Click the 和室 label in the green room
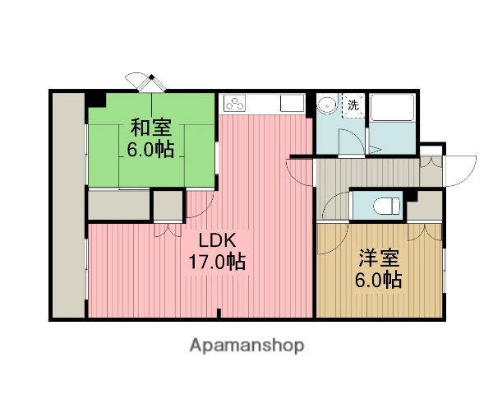coord(150,128)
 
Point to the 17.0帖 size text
coord(219,263)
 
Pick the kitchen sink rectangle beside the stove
coord(292,104)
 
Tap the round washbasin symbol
coord(327,105)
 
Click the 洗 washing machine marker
coord(352,105)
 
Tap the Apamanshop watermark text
coord(246,346)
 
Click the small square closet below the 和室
coord(168,206)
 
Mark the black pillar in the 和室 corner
coord(97,98)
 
